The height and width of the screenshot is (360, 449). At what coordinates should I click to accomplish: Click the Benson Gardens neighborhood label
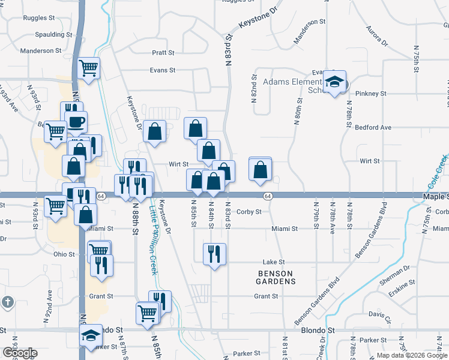[276, 277]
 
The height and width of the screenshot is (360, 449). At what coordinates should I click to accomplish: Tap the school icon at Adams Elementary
[336, 84]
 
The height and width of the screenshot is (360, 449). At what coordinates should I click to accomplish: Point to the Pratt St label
[163, 53]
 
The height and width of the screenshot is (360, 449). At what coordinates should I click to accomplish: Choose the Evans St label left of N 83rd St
[162, 70]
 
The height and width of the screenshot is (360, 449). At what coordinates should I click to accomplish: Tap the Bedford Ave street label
[373, 128]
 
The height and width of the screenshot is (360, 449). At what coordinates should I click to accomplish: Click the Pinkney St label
[370, 94]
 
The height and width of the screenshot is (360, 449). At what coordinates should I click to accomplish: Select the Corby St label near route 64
[249, 212]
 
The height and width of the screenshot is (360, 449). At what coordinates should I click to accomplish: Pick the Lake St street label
[273, 262]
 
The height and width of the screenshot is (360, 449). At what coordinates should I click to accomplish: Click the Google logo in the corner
[19, 352]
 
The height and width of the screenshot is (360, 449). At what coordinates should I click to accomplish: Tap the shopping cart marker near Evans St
[88, 68]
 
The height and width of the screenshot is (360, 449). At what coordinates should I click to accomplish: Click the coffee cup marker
[76, 122]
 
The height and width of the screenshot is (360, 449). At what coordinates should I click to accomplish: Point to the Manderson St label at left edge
[37, 51]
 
